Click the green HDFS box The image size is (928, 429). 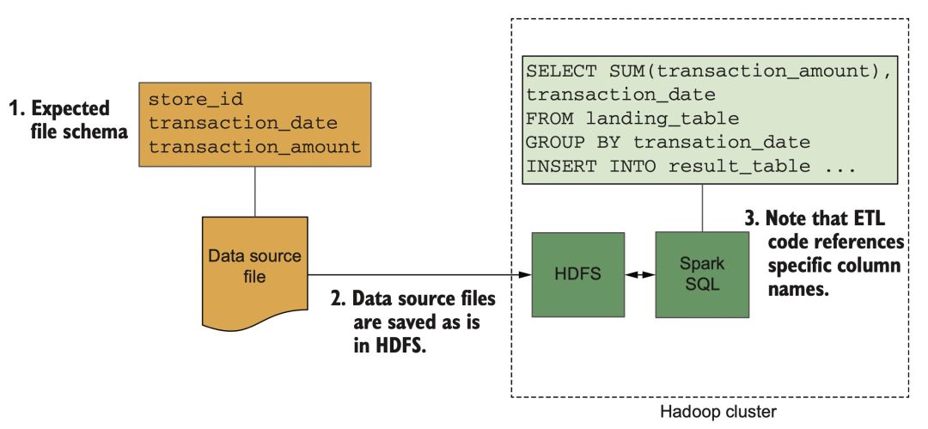coord(578,275)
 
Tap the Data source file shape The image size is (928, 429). coord(254,267)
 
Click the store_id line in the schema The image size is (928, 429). coord(184,99)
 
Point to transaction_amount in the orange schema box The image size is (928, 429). coord(254,147)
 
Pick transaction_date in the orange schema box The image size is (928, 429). coord(242,123)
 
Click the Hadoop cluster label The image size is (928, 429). coord(717,412)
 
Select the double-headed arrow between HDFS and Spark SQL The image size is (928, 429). coord(637,276)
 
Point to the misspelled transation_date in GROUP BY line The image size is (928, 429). coord(722,143)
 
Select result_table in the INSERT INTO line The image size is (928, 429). coord(738,166)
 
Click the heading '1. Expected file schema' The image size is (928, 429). coord(60,120)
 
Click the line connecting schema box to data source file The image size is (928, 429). coord(254,191)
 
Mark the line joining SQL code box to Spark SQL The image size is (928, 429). coord(702,207)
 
